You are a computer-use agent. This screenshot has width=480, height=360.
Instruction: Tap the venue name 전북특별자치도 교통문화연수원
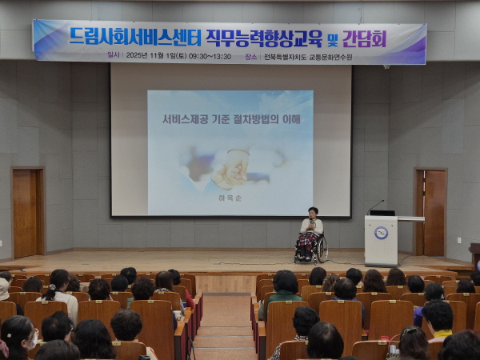tap(307, 57)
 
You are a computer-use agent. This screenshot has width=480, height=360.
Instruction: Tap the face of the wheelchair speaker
tap(312, 213)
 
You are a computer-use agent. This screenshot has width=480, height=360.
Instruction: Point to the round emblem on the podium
tap(381, 233)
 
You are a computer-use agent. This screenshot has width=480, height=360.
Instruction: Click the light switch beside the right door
tap(458, 239)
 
